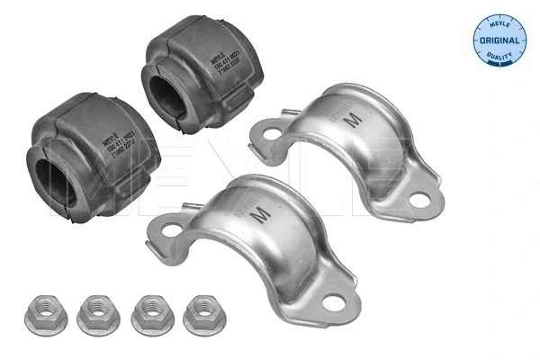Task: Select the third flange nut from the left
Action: (x=150, y=313)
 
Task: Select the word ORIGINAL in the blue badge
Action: (x=499, y=40)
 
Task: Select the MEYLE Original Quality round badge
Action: (x=499, y=38)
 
